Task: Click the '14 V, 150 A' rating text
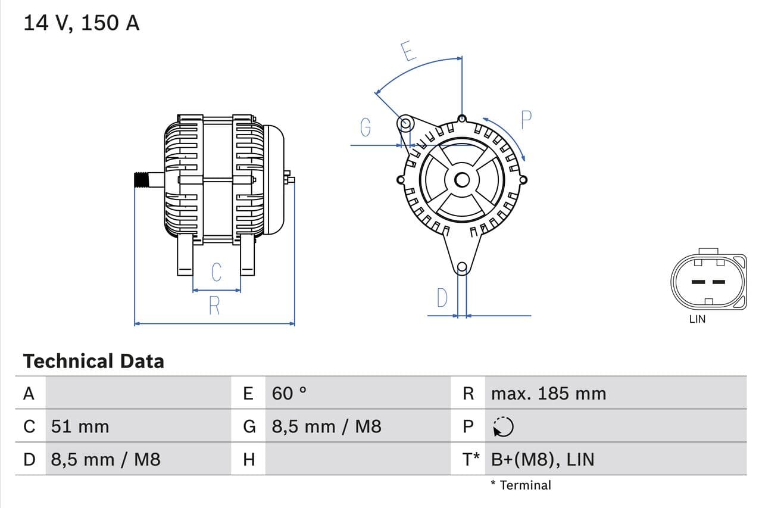point(82,23)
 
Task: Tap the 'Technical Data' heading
point(93,361)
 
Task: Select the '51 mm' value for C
point(80,426)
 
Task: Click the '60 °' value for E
point(289,394)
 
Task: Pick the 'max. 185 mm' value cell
point(548,394)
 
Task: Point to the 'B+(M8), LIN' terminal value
point(542,459)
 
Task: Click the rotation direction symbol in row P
point(503,426)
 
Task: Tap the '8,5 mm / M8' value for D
point(105,459)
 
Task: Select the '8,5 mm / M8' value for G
point(326,426)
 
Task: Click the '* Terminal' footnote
point(521,485)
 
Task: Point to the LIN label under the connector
point(697,319)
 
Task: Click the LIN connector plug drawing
point(708,281)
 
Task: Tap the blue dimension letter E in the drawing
point(408,51)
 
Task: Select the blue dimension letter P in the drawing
point(526,120)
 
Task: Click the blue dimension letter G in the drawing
point(366,127)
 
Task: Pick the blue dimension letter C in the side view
point(217,272)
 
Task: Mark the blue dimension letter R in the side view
point(214,306)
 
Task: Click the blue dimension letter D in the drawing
point(442,298)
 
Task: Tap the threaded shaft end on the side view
point(141,179)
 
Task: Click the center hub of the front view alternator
point(462,179)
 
